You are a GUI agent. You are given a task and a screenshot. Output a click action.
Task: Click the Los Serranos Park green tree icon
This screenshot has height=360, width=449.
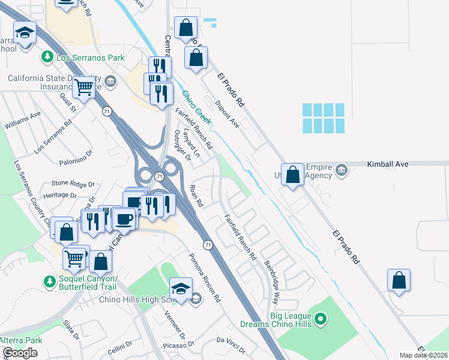click(x=47, y=58)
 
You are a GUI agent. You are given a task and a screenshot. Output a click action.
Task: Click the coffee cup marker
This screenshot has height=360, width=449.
click(x=125, y=218)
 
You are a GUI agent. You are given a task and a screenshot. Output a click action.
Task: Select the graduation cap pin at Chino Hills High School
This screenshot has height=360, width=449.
click(x=181, y=287)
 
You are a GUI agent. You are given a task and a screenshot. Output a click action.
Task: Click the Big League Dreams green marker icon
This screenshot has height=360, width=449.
click(x=321, y=319)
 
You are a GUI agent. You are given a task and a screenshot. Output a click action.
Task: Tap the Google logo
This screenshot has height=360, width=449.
click(x=20, y=353)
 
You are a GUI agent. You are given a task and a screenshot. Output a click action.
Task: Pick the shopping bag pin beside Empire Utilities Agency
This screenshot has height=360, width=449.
click(x=292, y=175)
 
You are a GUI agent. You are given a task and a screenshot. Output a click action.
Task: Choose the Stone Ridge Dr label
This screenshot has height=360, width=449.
click(x=73, y=183)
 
